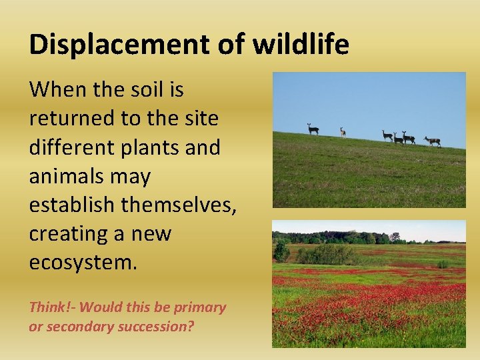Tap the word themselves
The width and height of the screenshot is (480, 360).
click(179, 205)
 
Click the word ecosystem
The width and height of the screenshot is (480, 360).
click(83, 263)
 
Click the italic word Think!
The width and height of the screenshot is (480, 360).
click(52, 307)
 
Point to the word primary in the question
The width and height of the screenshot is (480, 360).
click(200, 307)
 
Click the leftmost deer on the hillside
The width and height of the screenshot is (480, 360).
click(312, 129)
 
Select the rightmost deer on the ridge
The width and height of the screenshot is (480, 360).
click(433, 141)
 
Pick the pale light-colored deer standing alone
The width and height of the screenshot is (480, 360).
click(343, 132)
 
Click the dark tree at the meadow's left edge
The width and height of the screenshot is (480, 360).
click(281, 251)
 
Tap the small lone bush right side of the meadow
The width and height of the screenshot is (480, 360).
click(442, 264)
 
